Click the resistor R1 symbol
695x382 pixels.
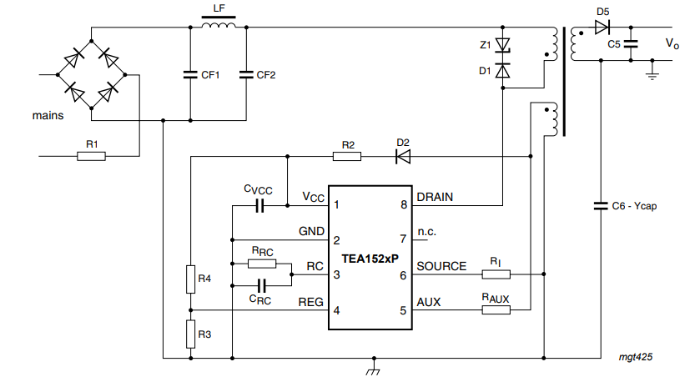tap(91, 156)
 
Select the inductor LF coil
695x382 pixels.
tap(219, 24)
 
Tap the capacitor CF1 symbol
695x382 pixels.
tap(190, 74)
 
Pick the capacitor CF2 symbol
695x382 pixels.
tap(246, 74)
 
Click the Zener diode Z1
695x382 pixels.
tap(502, 45)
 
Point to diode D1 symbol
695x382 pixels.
tap(502, 71)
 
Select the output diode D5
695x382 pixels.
tap(602, 28)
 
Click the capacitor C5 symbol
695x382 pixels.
tap(631, 43)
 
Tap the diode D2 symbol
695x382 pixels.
tap(403, 157)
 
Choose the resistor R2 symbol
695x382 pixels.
tap(347, 157)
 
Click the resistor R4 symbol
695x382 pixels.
tap(190, 279)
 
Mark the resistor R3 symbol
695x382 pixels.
tap(190, 334)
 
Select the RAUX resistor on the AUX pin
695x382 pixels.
tap(496, 309)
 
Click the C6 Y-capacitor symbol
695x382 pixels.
tap(601, 206)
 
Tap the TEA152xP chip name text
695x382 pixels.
tap(370, 259)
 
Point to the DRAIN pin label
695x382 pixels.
tap(435, 197)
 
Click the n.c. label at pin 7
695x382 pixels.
tap(427, 232)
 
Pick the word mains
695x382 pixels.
tap(48, 116)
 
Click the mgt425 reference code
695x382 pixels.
tap(636, 357)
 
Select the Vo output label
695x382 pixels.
tap(672, 43)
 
